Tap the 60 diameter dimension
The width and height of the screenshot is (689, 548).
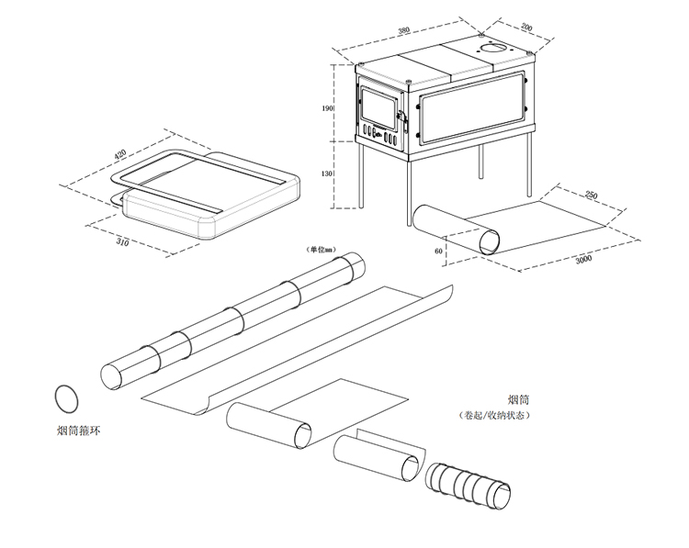point(438,249)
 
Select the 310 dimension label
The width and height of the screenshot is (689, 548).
point(120,243)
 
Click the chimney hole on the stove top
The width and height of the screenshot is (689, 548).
point(495,48)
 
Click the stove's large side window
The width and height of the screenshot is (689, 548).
point(470,113)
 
